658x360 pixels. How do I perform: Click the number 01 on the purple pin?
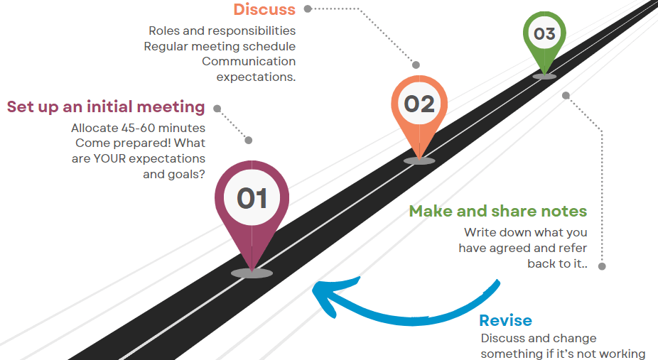[252, 198]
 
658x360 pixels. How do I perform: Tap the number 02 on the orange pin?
[419, 104]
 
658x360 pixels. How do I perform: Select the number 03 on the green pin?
[544, 33]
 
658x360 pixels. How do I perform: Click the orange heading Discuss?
[264, 10]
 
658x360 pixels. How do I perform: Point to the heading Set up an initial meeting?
[106, 107]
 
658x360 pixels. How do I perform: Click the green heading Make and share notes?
[497, 212]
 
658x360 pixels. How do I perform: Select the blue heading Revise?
[505, 320]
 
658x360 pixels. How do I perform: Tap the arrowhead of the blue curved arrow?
[324, 294]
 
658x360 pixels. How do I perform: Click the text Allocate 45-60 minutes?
[139, 129]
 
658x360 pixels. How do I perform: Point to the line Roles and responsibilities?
[222, 31]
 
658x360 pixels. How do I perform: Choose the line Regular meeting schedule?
[220, 46]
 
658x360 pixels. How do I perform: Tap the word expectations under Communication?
[256, 77]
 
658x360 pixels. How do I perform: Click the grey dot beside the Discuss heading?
[308, 9]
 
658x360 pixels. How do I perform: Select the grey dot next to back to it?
[602, 266]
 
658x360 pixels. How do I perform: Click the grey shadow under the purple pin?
[252, 273]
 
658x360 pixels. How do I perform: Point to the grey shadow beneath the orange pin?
[419, 160]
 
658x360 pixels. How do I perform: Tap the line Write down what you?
[526, 233]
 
